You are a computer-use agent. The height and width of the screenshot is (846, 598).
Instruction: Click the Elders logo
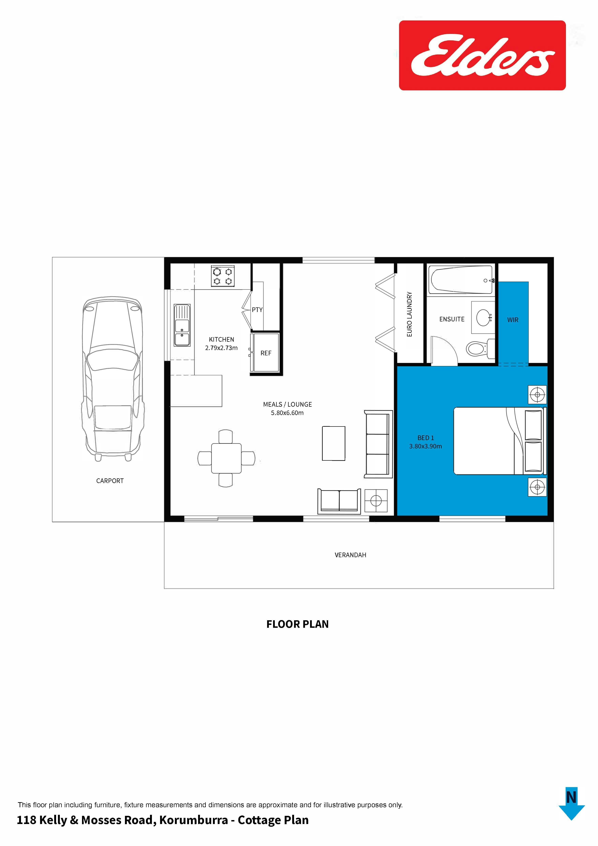482,55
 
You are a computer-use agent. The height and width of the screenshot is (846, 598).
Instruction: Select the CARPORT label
110,481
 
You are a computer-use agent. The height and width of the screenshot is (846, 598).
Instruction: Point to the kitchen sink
182,325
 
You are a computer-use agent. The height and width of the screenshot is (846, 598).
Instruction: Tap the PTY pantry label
257,310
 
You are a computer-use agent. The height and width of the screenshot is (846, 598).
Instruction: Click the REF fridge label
266,353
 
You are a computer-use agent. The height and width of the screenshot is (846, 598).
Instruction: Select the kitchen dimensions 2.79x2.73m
221,348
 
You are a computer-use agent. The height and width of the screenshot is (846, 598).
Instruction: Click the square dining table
226,458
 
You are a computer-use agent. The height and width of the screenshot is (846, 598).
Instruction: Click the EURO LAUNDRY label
409,314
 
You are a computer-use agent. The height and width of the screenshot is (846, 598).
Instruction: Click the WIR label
513,320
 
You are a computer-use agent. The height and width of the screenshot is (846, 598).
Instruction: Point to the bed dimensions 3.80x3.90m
425,446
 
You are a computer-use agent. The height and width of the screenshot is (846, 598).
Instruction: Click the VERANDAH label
350,555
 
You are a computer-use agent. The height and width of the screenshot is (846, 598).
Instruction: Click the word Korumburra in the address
193,820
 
